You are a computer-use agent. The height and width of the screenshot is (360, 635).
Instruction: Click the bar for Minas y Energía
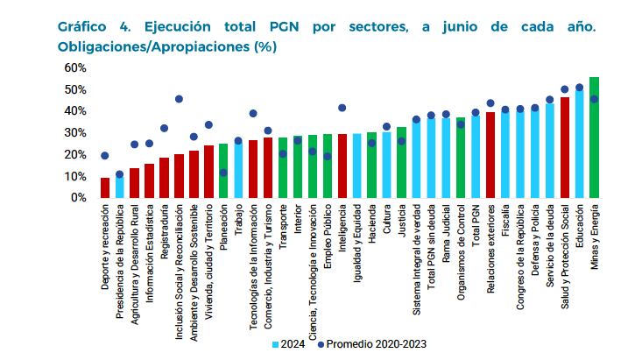(x=595, y=138)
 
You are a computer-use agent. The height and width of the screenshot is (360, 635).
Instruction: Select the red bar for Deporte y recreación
(x=105, y=188)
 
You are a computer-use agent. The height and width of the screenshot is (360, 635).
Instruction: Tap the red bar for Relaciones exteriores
(x=490, y=156)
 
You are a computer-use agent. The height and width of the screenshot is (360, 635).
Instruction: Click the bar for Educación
(x=579, y=145)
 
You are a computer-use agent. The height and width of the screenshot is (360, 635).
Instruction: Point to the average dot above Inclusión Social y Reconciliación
(x=179, y=99)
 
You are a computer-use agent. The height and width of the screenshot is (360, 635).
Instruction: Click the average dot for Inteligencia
(x=342, y=108)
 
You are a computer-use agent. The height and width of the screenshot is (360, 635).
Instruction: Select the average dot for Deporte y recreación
(x=105, y=156)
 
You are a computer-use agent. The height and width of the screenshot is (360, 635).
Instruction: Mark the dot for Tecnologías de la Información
(x=253, y=113)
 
